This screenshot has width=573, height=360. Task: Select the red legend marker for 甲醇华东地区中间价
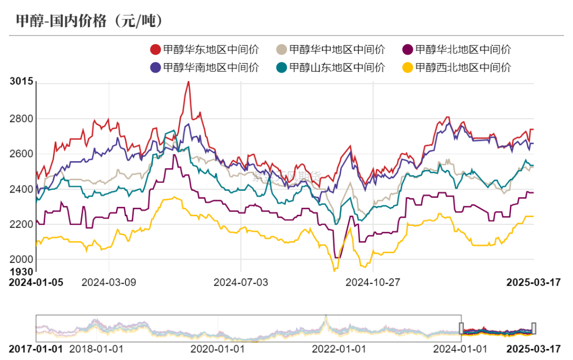155,50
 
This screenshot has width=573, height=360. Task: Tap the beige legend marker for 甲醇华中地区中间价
282,50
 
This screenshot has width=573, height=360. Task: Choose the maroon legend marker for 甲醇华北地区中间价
407,50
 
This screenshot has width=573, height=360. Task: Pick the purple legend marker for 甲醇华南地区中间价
155,67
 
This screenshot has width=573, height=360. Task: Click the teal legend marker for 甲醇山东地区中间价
282,67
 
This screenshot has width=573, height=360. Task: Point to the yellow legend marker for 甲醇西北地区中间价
407,67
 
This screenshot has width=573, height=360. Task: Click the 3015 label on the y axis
21,81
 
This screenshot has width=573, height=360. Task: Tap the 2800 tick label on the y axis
21,119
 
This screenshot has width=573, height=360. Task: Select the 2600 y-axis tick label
21,154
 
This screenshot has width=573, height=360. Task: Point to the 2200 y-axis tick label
21,224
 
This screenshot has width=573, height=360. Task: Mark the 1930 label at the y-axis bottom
21,271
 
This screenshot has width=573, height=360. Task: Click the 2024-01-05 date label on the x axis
36,282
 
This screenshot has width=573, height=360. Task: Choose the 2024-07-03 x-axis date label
241,282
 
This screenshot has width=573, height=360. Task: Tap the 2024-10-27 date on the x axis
373,282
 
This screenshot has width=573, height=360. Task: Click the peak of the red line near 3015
188,82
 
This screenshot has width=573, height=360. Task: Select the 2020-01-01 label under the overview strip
218,349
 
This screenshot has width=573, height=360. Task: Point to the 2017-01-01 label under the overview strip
36,349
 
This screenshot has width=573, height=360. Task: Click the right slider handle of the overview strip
534,328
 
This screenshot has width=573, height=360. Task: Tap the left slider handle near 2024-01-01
462,328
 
